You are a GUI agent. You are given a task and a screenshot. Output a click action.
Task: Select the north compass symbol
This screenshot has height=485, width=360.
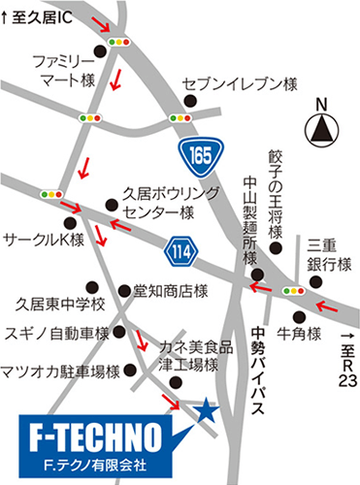click(321, 127)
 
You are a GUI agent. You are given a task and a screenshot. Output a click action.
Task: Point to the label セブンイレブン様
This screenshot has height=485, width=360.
click(239, 85)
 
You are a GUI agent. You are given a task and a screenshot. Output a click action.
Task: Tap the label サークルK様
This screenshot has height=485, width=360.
click(46, 238)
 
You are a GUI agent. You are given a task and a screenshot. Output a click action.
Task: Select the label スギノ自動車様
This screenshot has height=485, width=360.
click(57, 333)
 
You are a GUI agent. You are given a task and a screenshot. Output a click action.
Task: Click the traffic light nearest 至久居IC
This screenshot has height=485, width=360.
click(120, 43)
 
